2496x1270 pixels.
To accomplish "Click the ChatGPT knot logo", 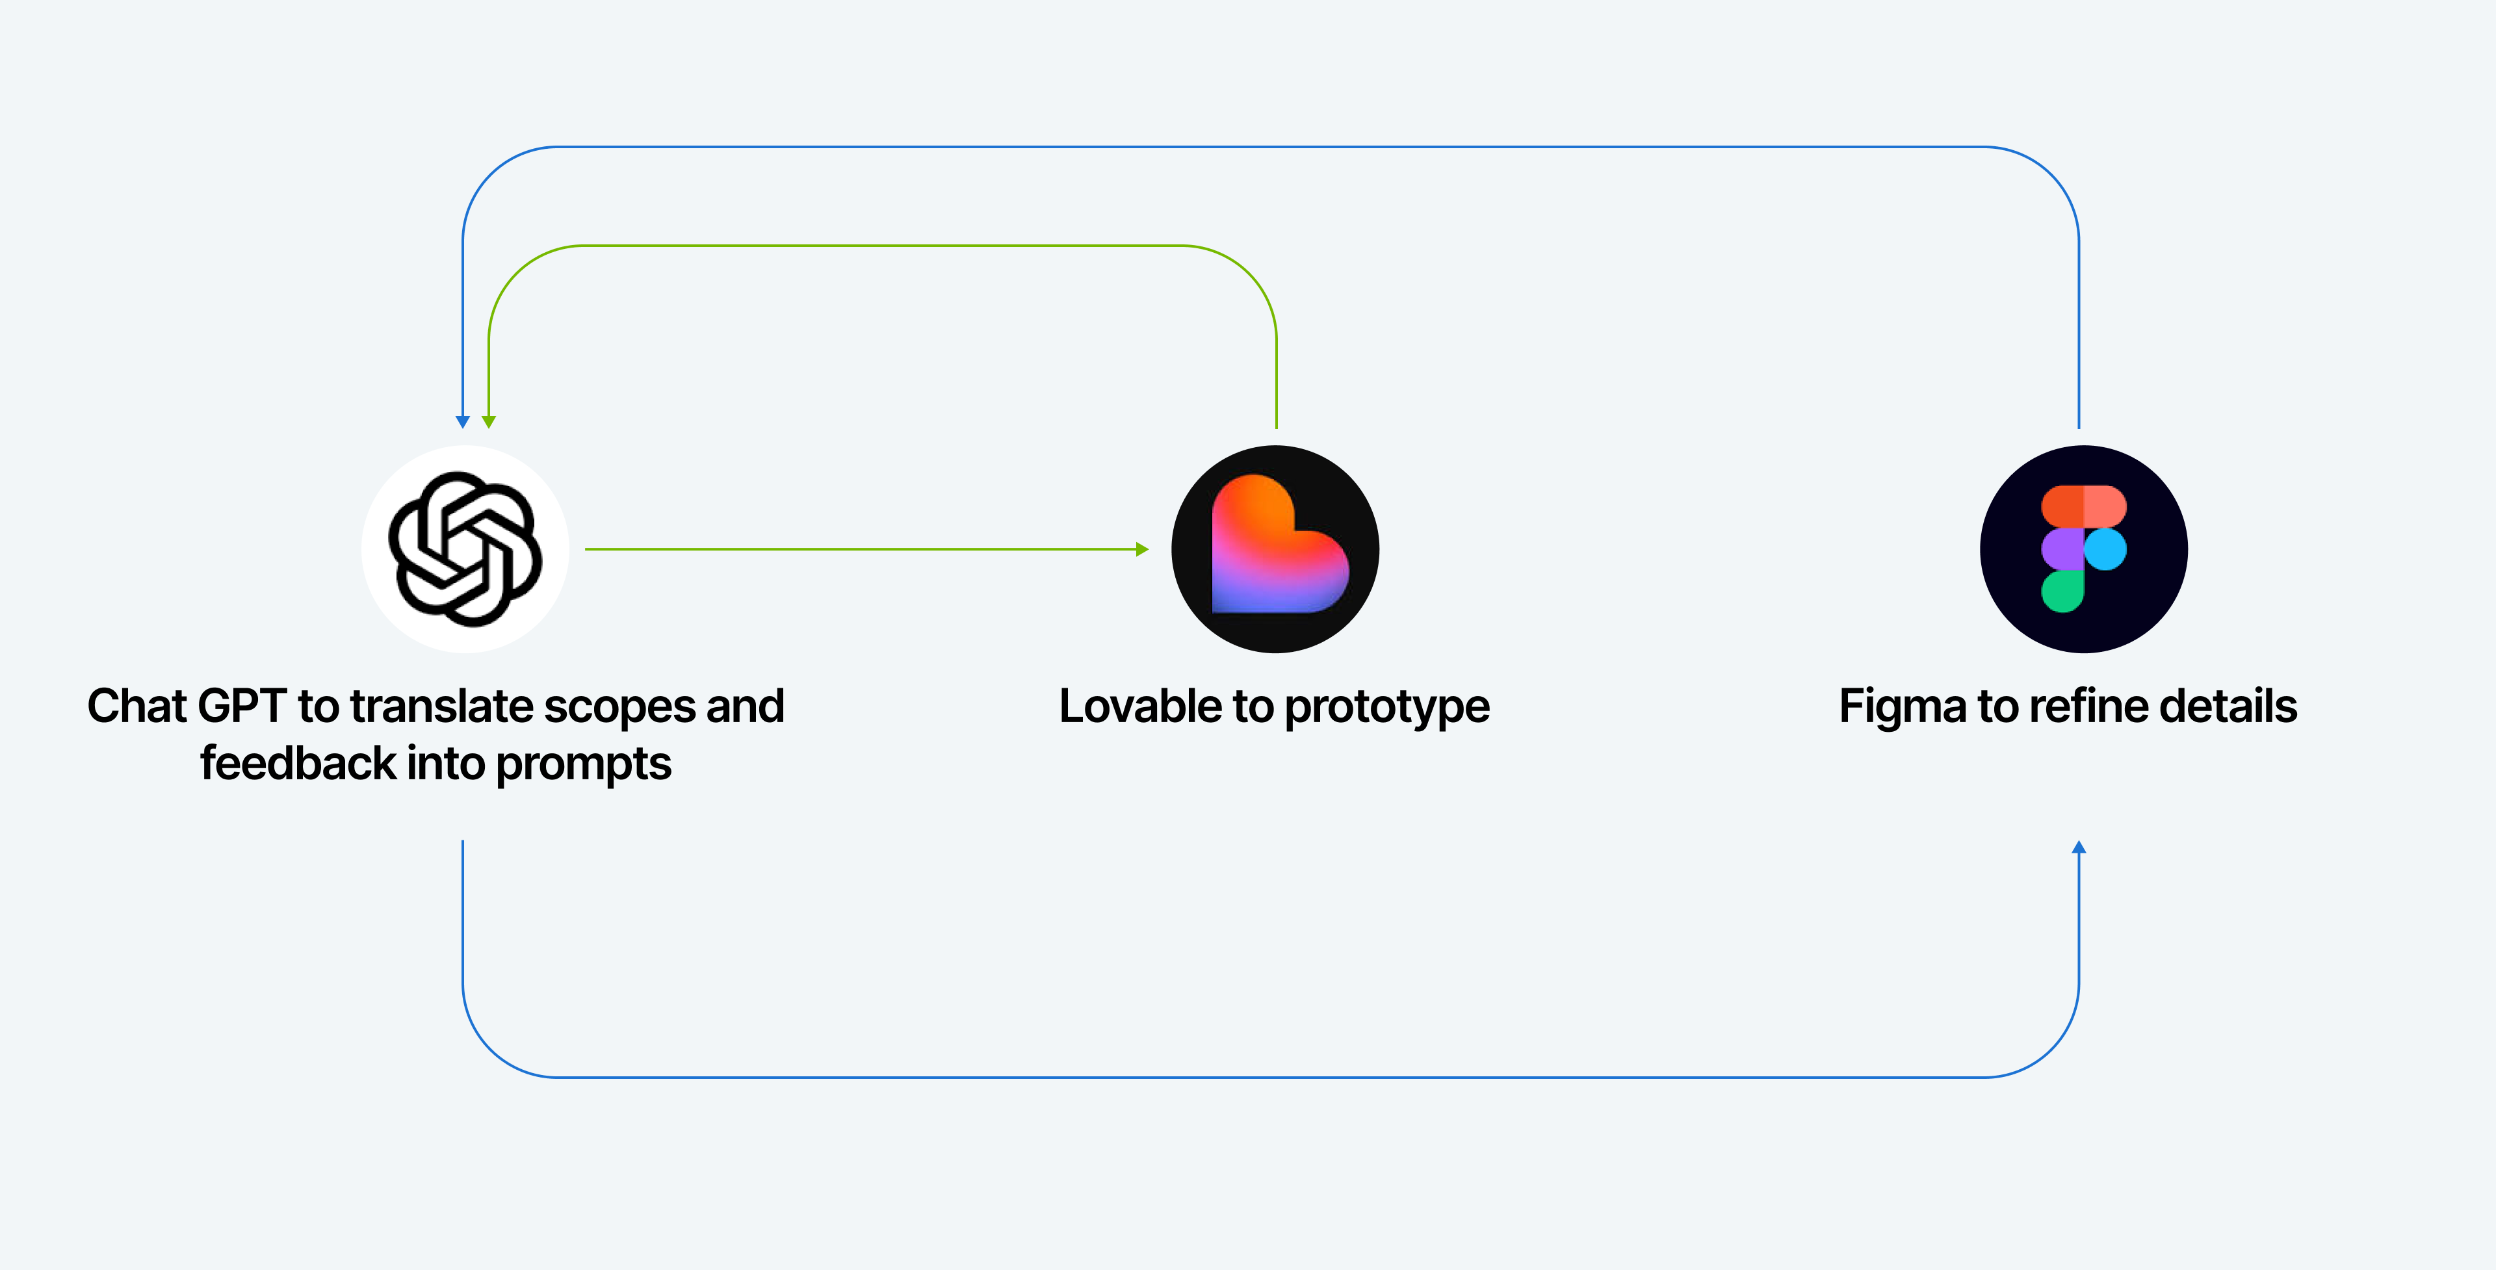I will pyautogui.click(x=465, y=549).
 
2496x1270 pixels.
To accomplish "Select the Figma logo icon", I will pyautogui.click(x=2083, y=549).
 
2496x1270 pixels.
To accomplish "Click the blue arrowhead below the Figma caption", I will pyautogui.click(x=2079, y=848).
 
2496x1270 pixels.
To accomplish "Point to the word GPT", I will pyautogui.click(x=242, y=706).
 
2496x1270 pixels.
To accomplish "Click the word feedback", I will pyautogui.click(x=298, y=763).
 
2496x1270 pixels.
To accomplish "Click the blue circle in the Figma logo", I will pyautogui.click(x=2105, y=549).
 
